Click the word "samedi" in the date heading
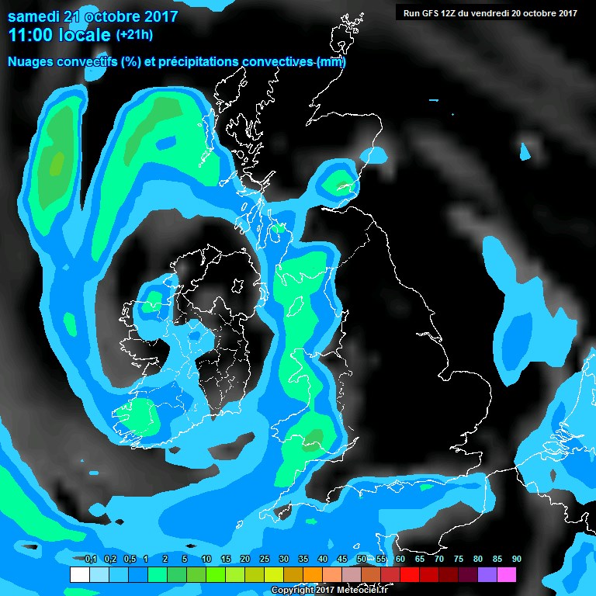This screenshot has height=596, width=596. [33, 16]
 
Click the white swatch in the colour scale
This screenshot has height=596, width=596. [79, 575]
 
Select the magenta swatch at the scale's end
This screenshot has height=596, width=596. [506, 575]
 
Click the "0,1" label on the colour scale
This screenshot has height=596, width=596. [90, 560]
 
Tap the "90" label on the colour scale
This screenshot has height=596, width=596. [516, 560]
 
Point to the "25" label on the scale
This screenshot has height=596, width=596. [264, 560]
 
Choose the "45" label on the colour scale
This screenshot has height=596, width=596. [341, 560]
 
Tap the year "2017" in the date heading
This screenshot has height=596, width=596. [158, 16]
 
